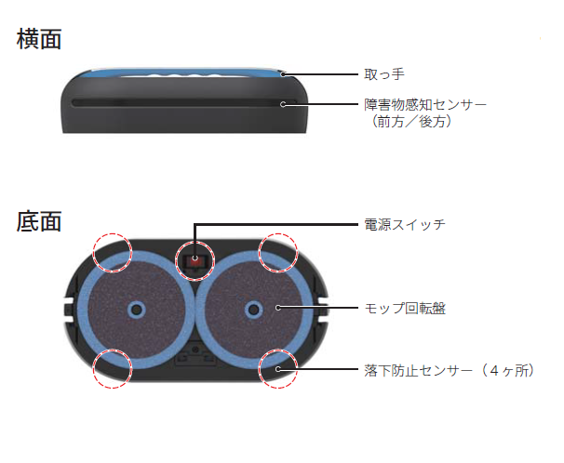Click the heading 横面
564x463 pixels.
click(39, 39)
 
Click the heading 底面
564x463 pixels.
click(39, 221)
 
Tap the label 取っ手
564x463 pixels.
click(384, 74)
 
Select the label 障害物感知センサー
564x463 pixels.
click(425, 104)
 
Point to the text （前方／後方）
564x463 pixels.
click(411, 122)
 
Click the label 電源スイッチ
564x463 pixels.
click(405, 225)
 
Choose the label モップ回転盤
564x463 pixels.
click(405, 308)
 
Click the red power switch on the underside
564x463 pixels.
click(195, 260)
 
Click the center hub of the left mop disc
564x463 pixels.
click(136, 309)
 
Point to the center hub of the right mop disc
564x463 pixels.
click(253, 310)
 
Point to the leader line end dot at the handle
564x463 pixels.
click(284, 74)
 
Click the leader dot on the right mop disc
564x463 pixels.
click(277, 308)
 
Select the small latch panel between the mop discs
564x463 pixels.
click(195, 354)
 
